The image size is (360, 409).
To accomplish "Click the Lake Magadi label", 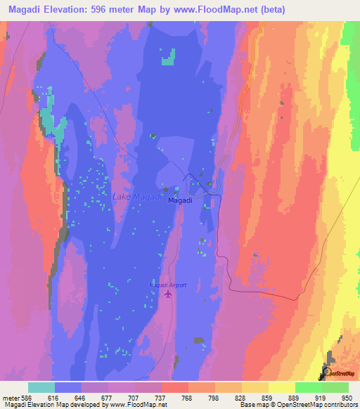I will click(137, 197).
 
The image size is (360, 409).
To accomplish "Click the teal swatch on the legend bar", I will click(41, 387).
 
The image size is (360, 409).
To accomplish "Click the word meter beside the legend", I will click(11, 397).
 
